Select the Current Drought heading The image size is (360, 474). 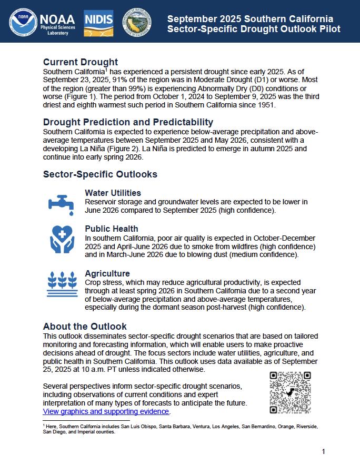80,62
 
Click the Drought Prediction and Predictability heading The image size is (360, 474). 128,122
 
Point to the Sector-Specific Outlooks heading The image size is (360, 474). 100,174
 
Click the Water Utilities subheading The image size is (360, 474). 113,193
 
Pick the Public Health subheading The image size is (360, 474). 111,229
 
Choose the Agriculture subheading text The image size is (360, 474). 107,273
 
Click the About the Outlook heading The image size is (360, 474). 85,327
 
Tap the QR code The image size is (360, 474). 290,392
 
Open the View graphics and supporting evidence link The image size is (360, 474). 106,411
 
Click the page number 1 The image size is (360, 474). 324,451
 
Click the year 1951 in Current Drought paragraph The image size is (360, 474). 266,104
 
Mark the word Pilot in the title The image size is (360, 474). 328,29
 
